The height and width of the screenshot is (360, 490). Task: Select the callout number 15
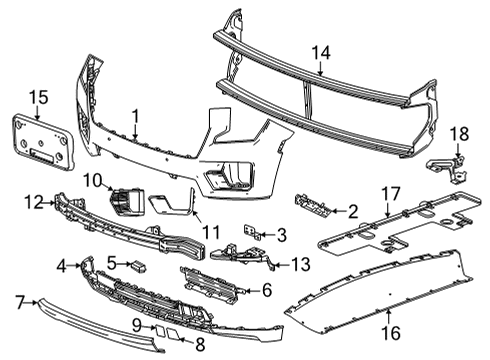(37, 98)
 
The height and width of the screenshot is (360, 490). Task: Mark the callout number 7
(19, 299)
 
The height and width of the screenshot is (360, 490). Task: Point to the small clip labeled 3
(250, 232)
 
